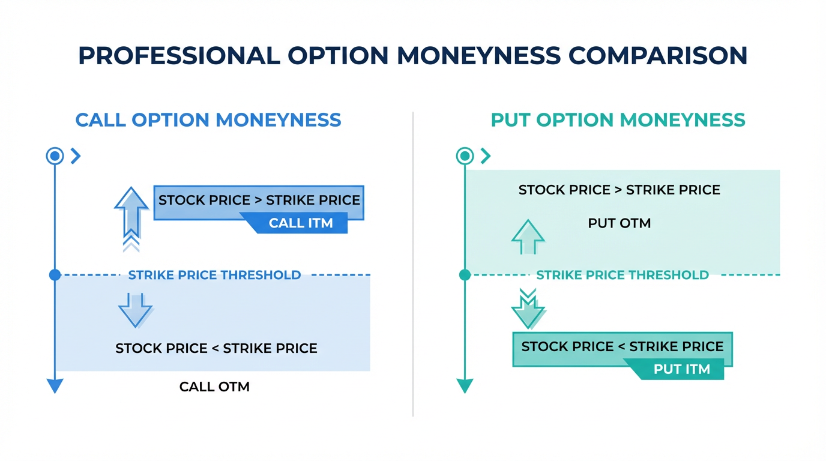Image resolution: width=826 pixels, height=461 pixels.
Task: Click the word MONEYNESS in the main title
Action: pos(478,56)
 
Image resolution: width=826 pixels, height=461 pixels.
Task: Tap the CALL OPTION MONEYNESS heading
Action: pos(208,120)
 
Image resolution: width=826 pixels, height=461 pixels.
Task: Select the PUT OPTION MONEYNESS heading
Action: pos(618,120)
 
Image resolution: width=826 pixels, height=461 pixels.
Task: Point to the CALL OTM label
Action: pos(214,387)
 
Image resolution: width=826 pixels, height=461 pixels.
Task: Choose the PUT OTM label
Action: pos(619,223)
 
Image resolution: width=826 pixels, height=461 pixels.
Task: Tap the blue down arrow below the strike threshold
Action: pos(136,310)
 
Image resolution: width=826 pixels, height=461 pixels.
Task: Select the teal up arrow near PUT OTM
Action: pos(528,237)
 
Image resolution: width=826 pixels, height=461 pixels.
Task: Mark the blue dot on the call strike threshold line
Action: pos(55,275)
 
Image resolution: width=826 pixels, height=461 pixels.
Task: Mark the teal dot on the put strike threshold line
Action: pos(465,275)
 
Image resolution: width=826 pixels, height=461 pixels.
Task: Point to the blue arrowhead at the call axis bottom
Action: pos(55,386)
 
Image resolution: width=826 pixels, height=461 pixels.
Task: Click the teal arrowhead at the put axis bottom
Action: pos(465,386)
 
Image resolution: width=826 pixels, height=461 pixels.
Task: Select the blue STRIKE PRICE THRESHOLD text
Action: pos(214,275)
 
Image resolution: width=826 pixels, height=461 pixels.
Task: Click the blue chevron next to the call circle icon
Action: pos(76,156)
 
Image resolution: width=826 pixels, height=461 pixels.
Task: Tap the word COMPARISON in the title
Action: pos(658,56)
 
